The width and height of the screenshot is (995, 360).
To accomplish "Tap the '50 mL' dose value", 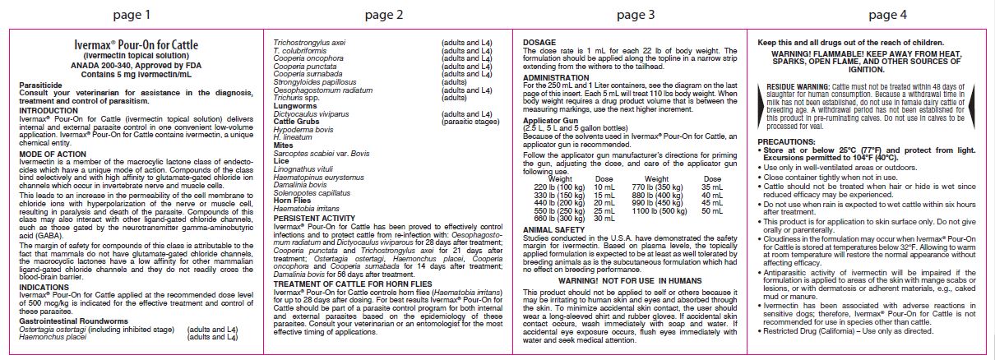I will (712, 210).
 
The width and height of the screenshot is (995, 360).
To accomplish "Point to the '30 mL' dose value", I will (604, 219).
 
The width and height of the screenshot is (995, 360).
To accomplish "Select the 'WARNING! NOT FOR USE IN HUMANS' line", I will (629, 280).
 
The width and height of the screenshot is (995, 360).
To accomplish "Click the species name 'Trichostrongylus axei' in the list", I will (310, 40).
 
